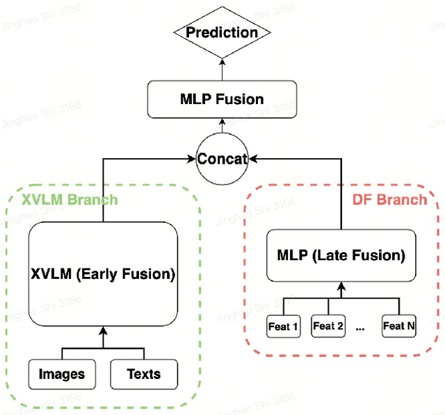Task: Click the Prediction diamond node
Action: tap(222, 32)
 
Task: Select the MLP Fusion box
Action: tap(222, 99)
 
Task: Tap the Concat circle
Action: tap(222, 159)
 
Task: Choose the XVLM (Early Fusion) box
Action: tap(103, 273)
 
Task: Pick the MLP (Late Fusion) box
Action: tap(341, 255)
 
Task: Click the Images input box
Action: tap(62, 374)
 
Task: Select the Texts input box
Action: tap(143, 374)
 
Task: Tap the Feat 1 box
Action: tap(282, 325)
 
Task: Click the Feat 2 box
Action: tap(327, 325)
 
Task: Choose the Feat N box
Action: tap(398, 325)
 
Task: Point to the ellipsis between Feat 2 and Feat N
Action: tap(360, 328)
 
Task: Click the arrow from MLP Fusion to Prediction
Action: tap(222, 70)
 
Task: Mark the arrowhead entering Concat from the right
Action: tap(251, 159)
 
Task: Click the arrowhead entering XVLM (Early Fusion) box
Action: tap(103, 328)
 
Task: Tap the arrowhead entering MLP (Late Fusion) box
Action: tap(341, 285)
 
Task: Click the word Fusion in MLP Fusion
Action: tap(239, 99)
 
